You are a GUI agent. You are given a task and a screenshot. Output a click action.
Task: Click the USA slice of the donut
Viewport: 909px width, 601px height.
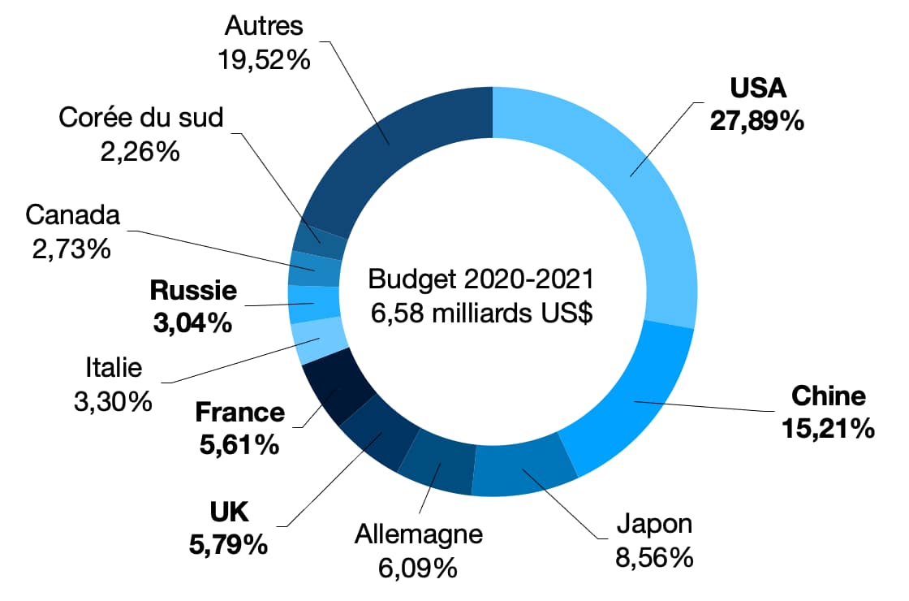click(x=641, y=187)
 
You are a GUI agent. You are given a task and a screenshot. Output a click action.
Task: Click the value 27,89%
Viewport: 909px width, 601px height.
click(x=756, y=120)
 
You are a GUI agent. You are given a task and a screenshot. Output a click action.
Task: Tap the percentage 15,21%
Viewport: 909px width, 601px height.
click(x=828, y=428)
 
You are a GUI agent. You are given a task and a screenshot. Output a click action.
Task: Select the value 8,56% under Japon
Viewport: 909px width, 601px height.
click(x=654, y=558)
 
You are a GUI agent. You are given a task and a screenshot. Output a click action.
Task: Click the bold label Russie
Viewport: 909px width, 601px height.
click(x=194, y=291)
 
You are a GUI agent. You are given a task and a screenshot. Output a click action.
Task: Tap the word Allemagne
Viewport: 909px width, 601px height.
click(x=419, y=535)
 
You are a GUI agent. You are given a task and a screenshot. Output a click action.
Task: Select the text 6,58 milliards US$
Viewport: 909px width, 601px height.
click(x=481, y=313)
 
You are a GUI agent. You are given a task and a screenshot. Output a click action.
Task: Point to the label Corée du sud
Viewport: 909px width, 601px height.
click(x=141, y=119)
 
